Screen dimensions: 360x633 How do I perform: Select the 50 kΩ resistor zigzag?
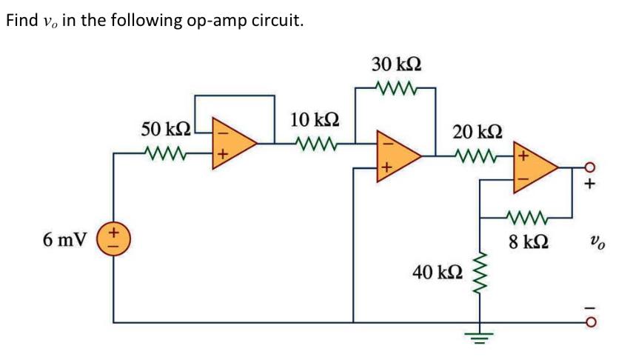[167, 155]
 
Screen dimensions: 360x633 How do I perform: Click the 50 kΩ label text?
[167, 128]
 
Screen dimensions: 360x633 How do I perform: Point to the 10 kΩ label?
[315, 119]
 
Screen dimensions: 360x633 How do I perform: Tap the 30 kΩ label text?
[398, 64]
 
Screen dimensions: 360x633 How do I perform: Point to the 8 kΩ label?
[529, 241]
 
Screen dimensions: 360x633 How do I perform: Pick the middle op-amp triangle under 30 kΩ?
[398, 155]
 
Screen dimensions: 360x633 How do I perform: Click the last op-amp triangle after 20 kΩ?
[535, 168]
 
